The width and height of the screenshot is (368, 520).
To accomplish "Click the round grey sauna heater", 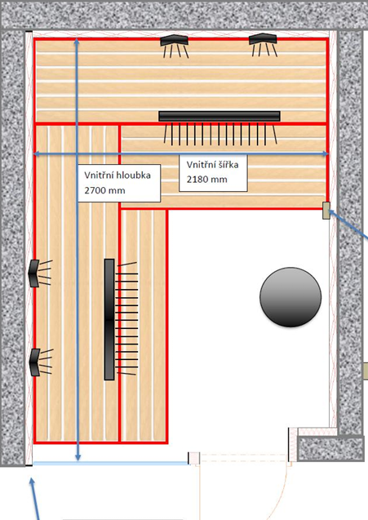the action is (290, 297).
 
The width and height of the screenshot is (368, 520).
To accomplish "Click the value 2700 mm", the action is (104, 190).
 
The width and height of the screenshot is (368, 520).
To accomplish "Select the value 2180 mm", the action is (207, 180).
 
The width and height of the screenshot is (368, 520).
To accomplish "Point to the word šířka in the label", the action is (227, 164).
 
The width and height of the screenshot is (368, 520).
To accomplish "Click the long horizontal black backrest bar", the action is (219, 116).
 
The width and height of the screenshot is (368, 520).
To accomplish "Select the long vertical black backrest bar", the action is (109, 319).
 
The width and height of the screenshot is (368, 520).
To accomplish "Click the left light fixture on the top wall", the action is (174, 41).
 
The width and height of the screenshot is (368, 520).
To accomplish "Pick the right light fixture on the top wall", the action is (263, 39).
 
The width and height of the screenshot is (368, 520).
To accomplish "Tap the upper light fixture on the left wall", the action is (33, 273).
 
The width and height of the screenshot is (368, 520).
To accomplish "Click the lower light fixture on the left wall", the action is (34, 362).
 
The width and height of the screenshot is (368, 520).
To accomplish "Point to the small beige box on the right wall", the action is (326, 211).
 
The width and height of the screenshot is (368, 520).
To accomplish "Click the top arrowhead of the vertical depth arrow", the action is (77, 41).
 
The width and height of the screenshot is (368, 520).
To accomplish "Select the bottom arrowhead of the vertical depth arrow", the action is (78, 458).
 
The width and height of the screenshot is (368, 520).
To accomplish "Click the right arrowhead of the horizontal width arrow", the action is (326, 153).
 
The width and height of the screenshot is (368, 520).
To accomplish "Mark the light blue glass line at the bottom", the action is (111, 463).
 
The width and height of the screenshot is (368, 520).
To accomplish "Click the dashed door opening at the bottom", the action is (244, 458).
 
